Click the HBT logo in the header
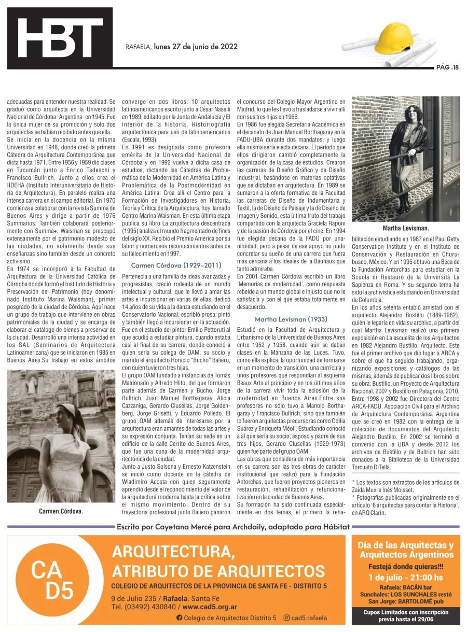click(60, 37)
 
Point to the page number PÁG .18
click(447, 68)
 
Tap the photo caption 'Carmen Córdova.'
click(61, 511)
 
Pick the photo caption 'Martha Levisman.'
click(405, 228)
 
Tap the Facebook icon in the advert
click(180, 618)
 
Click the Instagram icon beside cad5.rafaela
click(286, 618)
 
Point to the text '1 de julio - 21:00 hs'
click(406, 578)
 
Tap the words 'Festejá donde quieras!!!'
click(406, 566)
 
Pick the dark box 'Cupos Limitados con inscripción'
click(406, 615)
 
